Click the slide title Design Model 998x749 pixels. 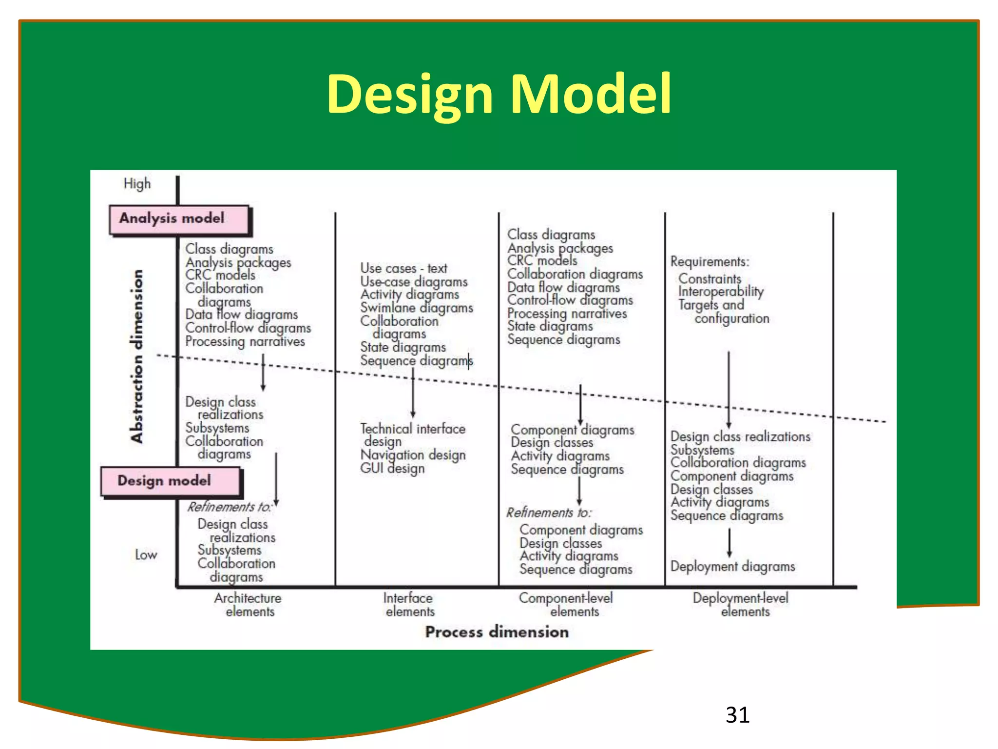499,94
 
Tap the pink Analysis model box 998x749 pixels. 179,219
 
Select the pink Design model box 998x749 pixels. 170,481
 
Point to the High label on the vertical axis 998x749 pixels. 137,184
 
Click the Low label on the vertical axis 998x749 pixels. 146,555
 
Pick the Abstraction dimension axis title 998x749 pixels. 137,356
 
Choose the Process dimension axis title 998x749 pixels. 497,632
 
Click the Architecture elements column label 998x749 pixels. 248,605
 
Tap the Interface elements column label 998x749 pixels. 409,605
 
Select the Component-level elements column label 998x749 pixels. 566,605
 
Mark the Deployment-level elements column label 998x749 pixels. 741,605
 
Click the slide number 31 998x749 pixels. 737,715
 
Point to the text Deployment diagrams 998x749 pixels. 732,567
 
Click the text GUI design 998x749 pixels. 392,469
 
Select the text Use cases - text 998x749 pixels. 403,268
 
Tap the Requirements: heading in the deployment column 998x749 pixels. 710,262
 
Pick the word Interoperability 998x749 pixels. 721,292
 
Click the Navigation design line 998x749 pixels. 413,455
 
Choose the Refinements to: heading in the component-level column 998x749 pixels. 549,513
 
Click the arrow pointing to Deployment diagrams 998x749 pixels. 729,543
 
